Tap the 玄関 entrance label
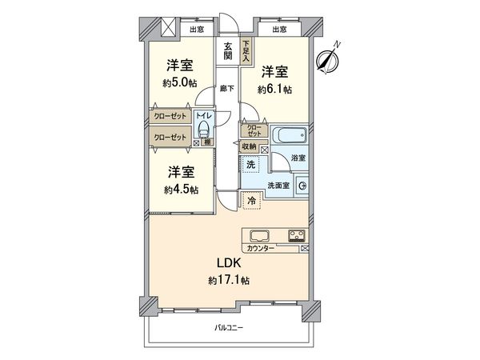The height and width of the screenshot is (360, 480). [229, 51]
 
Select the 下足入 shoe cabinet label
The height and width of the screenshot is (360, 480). [247, 51]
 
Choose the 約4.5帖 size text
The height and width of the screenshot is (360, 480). [182, 189]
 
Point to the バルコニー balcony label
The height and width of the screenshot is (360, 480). [229, 328]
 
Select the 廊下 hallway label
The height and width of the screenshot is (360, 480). [227, 88]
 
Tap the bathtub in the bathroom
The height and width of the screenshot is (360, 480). [286, 137]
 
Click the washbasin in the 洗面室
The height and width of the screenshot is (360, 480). [302, 187]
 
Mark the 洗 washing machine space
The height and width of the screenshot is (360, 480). [251, 165]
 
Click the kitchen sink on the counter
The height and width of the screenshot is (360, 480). [262, 236]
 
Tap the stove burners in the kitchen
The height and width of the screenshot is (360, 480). [296, 236]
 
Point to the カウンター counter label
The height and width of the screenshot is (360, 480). [261, 249]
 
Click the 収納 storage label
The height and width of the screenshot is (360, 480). [248, 146]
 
